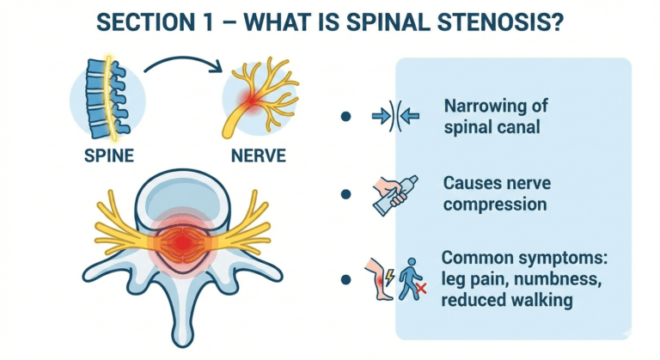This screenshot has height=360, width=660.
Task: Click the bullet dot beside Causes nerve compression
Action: pyautogui.click(x=345, y=195)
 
